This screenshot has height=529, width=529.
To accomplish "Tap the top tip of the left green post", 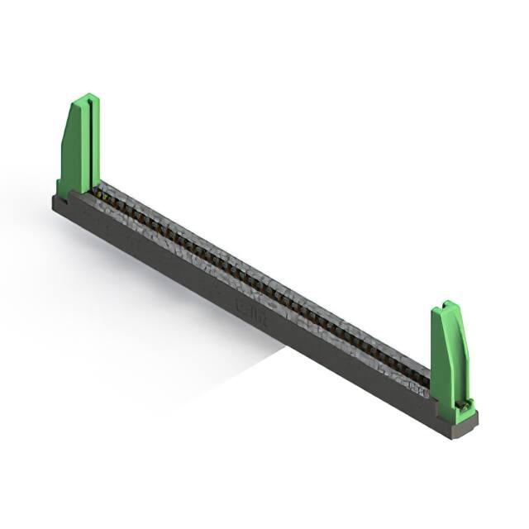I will [x=85, y=98].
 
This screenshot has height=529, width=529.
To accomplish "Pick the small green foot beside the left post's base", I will [x=61, y=188].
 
